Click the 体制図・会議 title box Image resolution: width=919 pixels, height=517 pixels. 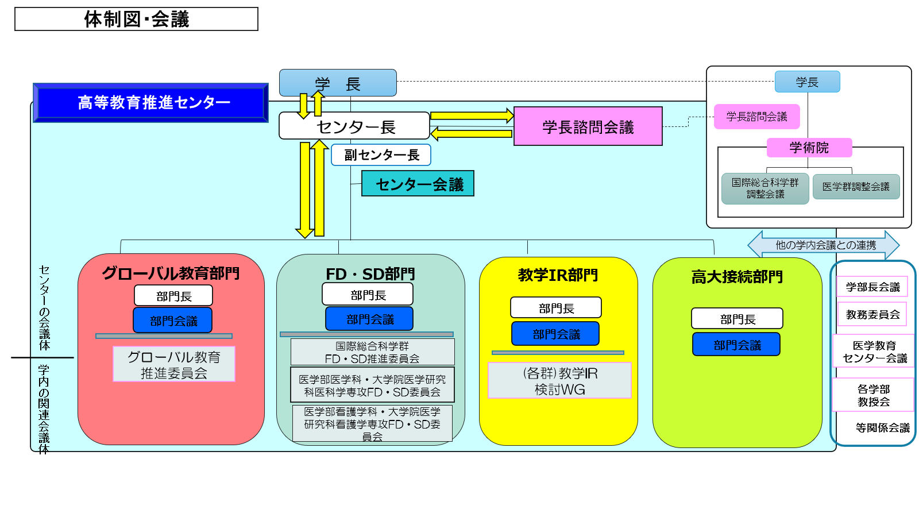pyautogui.click(x=136, y=19)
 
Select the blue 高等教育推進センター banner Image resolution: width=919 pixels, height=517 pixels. pyautogui.click(x=151, y=103)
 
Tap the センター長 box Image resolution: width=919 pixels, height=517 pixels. pyautogui.click(x=354, y=126)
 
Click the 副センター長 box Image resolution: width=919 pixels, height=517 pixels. pyautogui.click(x=381, y=155)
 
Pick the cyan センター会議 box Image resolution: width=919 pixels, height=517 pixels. pyautogui.click(x=418, y=184)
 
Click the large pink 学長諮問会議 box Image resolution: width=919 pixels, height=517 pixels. pyautogui.click(x=588, y=126)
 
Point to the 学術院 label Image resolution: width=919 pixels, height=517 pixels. pyautogui.click(x=809, y=148)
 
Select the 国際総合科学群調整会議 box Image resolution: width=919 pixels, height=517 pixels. pyautogui.click(x=765, y=188)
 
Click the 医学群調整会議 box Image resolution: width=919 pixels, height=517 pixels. pyautogui.click(x=856, y=187)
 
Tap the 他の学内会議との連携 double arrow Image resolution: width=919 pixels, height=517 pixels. pyautogui.click(x=825, y=245)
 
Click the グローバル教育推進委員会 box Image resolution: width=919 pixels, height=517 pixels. pyautogui.click(x=173, y=364)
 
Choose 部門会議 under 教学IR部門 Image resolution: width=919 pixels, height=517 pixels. pyautogui.click(x=555, y=334)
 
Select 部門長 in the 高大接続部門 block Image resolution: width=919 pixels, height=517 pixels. pyautogui.click(x=737, y=319)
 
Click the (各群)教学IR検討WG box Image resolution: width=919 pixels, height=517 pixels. pyautogui.click(x=559, y=381)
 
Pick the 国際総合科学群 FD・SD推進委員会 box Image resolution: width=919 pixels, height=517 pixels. pyautogui.click(x=372, y=352)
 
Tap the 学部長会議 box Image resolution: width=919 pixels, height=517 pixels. pyautogui.click(x=872, y=287)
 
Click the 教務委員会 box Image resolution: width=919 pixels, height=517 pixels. pyautogui.click(x=872, y=314)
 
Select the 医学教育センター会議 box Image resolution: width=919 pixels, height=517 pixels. pyautogui.click(x=874, y=352)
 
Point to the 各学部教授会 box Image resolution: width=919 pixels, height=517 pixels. pyautogui.click(x=873, y=395)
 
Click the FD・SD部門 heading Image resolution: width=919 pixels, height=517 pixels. pyautogui.click(x=370, y=274)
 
